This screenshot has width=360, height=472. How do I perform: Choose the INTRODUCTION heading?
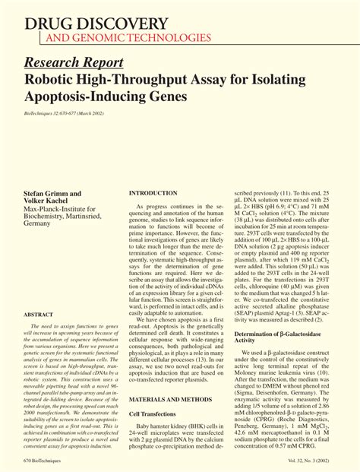[153, 194]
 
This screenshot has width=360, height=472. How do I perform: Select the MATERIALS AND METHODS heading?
[170, 399]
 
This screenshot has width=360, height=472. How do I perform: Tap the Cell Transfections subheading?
[154, 413]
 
